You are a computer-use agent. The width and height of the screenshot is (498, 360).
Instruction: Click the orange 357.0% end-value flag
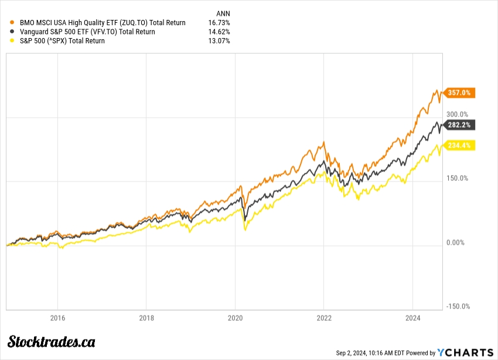pyautogui.click(x=459, y=92)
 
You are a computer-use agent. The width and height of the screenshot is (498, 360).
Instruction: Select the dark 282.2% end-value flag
pyautogui.click(x=459, y=125)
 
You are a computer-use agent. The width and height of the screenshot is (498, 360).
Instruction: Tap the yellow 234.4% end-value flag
pyautogui.click(x=459, y=146)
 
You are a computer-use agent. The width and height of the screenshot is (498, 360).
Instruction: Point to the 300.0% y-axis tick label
pyautogui.click(x=458, y=114)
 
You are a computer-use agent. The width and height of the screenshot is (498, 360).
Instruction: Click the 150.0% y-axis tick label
pyautogui.click(x=458, y=179)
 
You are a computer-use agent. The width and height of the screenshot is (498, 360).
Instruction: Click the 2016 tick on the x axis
pyautogui.click(x=57, y=318)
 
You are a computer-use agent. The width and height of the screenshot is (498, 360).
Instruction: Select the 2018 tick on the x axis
pyautogui.click(x=146, y=318)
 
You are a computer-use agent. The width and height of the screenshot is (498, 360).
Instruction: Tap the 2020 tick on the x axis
pyautogui.click(x=235, y=318)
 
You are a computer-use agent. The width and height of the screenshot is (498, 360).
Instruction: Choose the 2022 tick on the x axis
pyautogui.click(x=324, y=318)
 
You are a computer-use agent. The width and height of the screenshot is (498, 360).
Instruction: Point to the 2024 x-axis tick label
pyautogui.click(x=412, y=318)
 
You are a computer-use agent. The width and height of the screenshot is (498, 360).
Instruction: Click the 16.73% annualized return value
pyautogui.click(x=219, y=23)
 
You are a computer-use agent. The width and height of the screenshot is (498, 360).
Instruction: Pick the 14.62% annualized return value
pyautogui.click(x=219, y=32)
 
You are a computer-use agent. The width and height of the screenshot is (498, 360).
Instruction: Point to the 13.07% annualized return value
pyautogui.click(x=219, y=41)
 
